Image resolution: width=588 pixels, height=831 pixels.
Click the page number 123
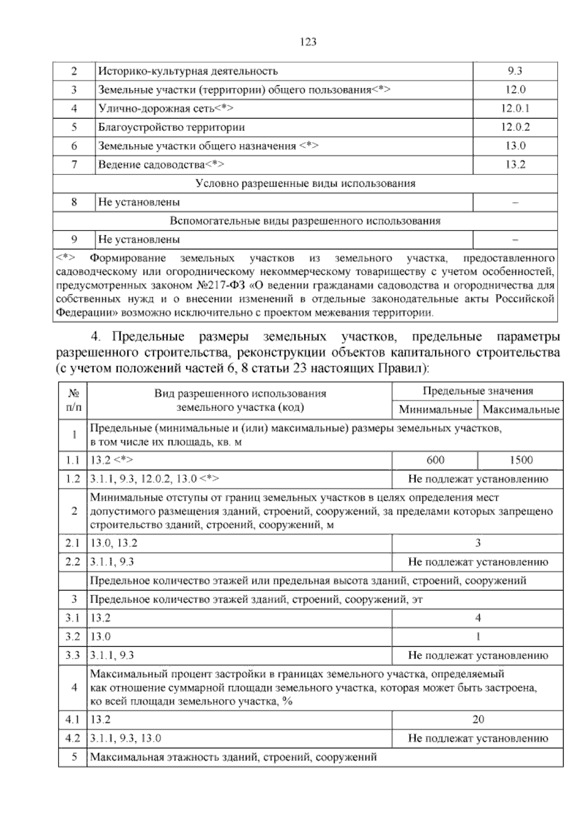click(x=308, y=42)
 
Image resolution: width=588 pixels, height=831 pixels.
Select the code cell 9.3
click(x=515, y=71)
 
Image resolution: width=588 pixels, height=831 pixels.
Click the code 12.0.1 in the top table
click(x=515, y=109)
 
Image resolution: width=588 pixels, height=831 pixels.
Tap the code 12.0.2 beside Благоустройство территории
click(x=515, y=127)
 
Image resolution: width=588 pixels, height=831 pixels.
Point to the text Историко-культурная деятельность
click(x=188, y=71)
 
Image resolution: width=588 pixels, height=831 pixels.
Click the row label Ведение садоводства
click(x=161, y=165)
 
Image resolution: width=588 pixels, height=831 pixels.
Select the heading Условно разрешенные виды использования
click(x=305, y=184)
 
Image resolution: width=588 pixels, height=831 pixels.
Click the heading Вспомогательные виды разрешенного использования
click(x=305, y=221)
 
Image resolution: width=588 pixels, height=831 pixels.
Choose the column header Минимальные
click(x=435, y=410)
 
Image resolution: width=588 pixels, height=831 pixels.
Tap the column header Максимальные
click(x=521, y=410)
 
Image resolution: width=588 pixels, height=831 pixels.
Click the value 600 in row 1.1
click(x=435, y=460)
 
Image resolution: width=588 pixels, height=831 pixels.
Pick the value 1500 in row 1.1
click(x=521, y=460)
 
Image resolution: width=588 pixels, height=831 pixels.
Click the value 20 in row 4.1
click(x=478, y=719)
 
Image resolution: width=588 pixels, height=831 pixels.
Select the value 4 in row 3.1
click(x=478, y=618)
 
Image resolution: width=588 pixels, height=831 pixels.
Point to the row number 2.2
click(x=73, y=562)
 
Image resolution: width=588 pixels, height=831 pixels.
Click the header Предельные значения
click(x=478, y=391)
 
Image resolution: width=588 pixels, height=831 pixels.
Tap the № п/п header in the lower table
click(x=73, y=400)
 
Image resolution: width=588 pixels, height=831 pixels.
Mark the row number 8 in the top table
click(x=74, y=202)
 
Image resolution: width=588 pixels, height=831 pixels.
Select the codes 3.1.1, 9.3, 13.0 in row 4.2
click(x=126, y=738)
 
